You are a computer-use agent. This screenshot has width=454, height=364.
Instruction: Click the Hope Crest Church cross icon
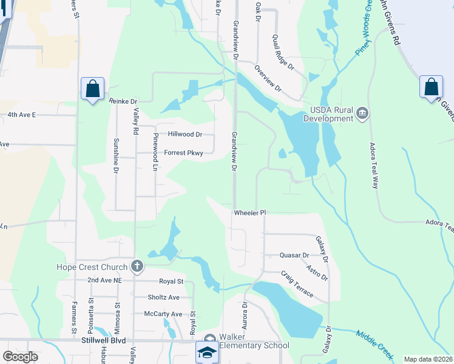click(138, 266)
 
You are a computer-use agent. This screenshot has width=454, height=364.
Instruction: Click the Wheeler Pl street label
click(250, 213)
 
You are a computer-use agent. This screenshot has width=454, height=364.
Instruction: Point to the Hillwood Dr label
click(185, 135)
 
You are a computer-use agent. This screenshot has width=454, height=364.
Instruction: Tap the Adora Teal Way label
click(373, 166)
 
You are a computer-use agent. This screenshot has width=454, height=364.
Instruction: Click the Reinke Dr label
click(124, 101)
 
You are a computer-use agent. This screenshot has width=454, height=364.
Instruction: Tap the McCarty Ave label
click(163, 314)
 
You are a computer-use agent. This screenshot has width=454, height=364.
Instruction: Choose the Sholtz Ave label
click(164, 297)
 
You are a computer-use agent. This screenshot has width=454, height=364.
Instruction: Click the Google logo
click(20, 356)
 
